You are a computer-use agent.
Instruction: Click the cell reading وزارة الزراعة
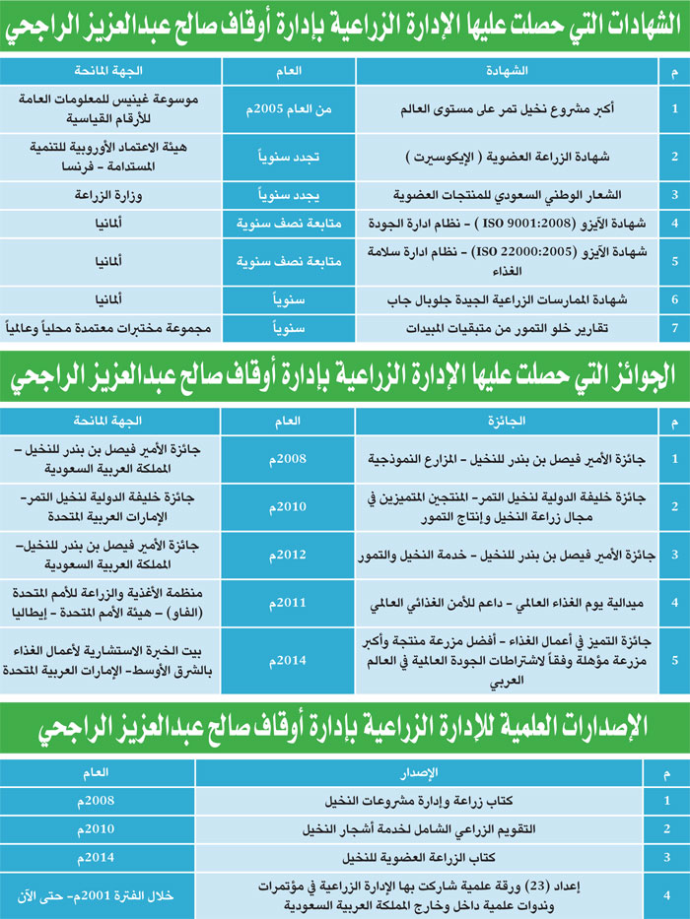(109, 195)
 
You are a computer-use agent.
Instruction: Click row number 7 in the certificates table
(673, 327)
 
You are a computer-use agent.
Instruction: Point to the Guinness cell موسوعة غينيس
(109, 107)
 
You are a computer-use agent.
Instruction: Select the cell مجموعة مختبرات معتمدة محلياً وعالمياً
(109, 327)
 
